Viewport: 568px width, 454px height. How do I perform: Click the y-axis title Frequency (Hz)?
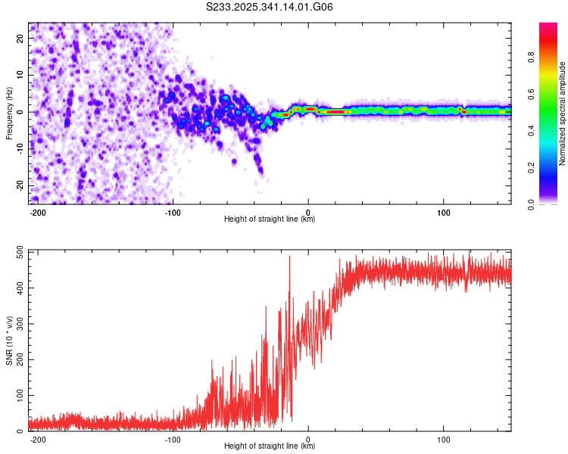point(9,113)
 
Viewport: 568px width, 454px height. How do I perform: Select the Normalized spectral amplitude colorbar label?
point(563,113)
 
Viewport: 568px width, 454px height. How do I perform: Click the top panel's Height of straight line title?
point(270,220)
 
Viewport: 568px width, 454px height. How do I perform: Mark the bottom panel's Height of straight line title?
point(270,446)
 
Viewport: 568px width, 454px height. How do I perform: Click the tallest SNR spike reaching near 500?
point(289,257)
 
